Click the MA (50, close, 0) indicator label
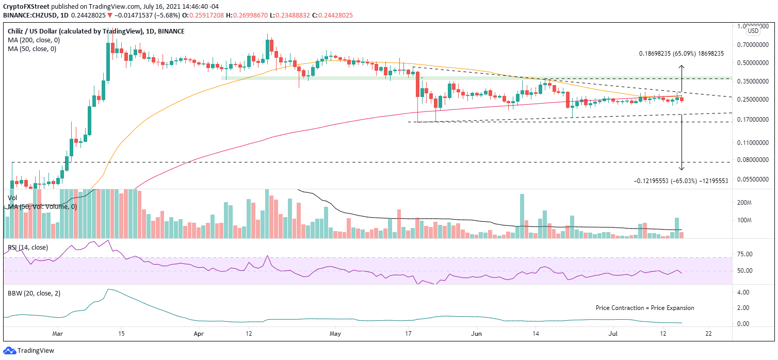[x=30, y=49]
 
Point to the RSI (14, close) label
[x=28, y=248]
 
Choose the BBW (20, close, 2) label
[x=33, y=293]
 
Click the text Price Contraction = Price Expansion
[x=645, y=308]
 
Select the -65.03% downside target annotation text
[x=681, y=181]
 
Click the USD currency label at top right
[x=753, y=31]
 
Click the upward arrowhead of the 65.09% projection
[x=682, y=67]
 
